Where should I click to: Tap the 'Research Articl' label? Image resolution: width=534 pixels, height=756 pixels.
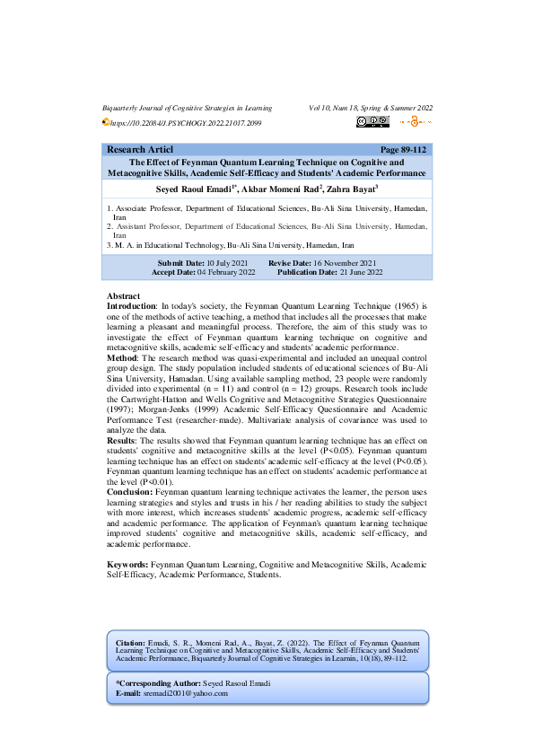tap(139, 149)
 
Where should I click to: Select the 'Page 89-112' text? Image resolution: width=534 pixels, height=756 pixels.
tap(403, 149)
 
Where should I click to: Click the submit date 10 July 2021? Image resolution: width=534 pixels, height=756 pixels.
tap(216, 261)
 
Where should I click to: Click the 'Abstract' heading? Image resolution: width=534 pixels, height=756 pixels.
tap(123, 296)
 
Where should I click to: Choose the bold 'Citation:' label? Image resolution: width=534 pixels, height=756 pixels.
tap(131, 644)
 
